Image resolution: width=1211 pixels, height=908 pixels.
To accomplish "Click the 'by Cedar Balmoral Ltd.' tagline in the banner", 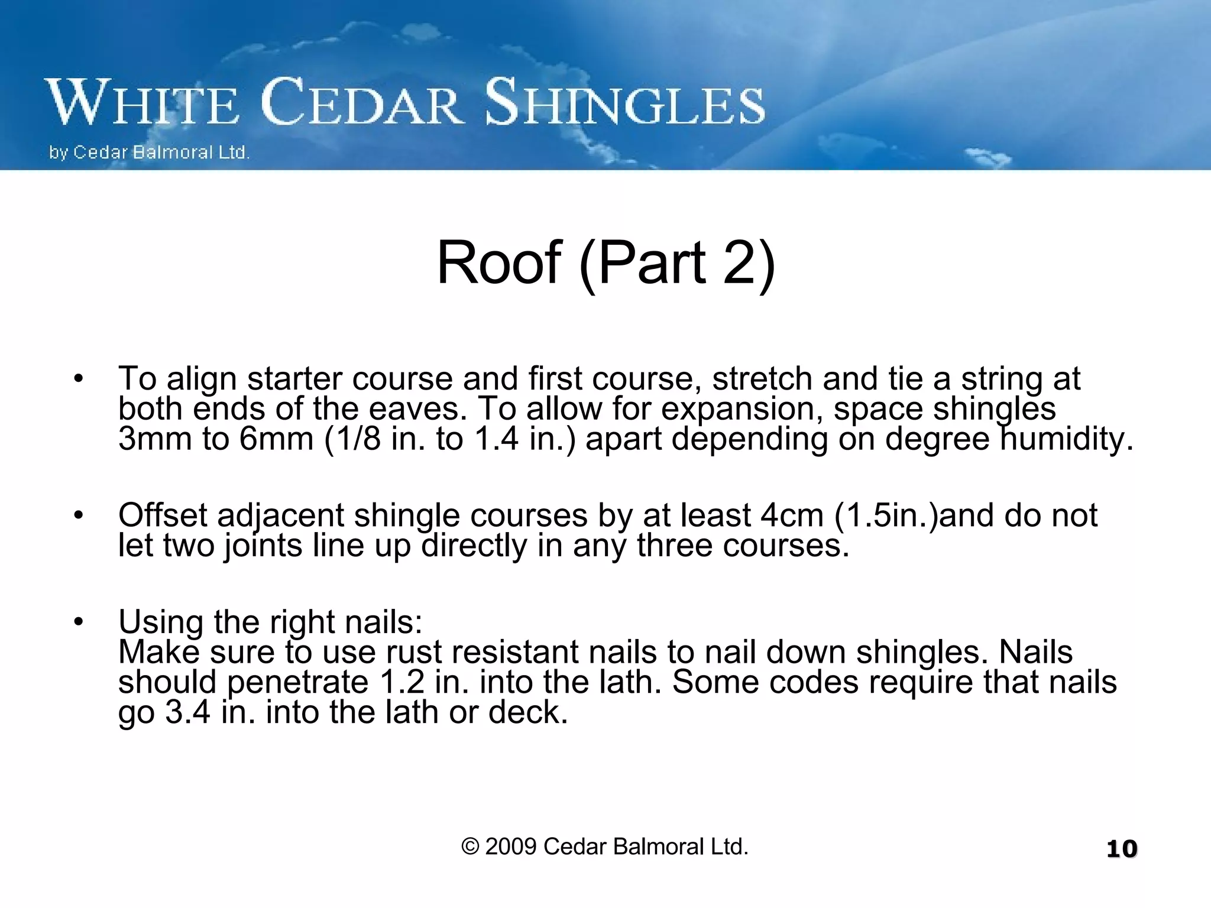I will point(149,153).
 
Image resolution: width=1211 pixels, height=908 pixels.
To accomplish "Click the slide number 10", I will point(1122,849).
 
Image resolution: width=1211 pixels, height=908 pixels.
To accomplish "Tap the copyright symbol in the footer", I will point(470,847).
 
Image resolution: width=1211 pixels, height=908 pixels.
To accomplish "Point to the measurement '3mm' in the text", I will point(157,439).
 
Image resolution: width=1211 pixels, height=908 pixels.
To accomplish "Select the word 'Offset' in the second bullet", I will point(163,515).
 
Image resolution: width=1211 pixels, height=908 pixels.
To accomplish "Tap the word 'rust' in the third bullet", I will point(414,652).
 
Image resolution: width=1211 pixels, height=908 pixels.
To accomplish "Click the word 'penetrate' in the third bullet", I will point(298,683).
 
